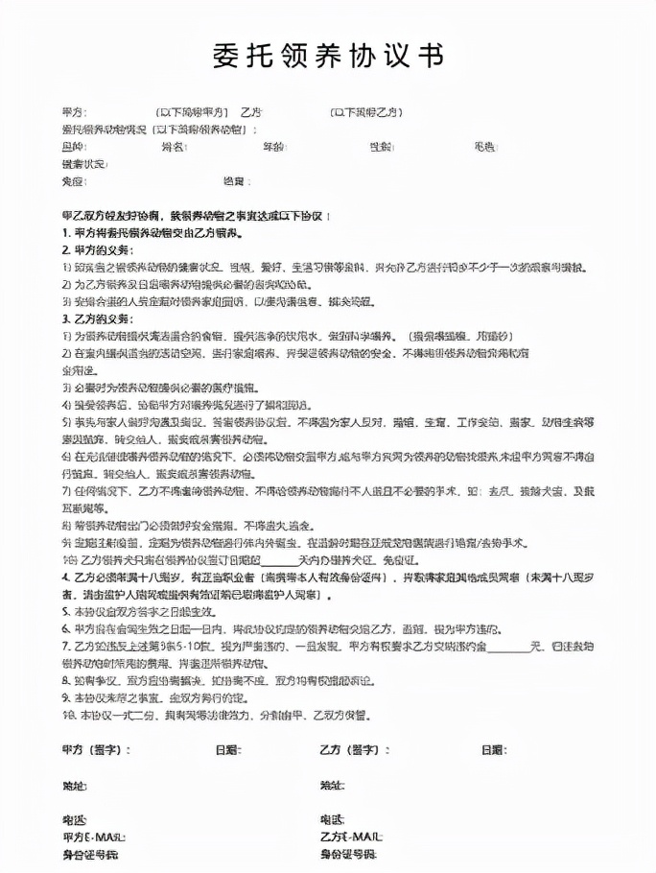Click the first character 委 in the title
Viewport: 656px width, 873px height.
pos(226,56)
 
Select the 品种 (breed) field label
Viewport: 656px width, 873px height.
pos(72,147)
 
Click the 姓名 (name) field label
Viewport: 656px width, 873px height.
pos(173,147)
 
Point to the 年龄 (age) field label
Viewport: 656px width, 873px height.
pos(273,147)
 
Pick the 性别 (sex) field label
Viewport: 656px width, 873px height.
pos(381,147)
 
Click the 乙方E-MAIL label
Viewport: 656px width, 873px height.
pos(351,837)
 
